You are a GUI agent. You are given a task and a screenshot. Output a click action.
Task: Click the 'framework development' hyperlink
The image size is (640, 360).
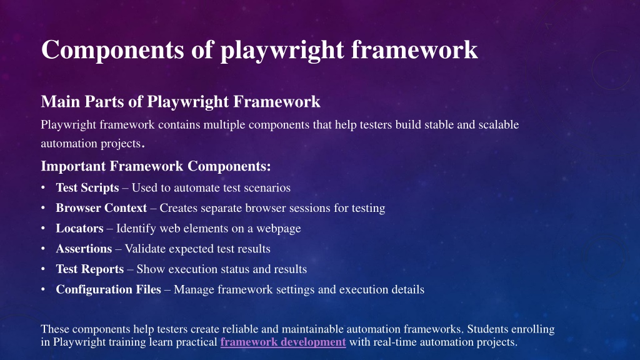(283, 342)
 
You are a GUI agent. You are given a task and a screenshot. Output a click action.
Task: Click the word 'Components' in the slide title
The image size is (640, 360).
(112, 50)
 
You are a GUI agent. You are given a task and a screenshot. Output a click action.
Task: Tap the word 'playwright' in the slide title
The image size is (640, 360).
(282, 51)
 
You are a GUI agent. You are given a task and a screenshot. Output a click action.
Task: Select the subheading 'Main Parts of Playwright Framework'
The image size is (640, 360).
(181, 102)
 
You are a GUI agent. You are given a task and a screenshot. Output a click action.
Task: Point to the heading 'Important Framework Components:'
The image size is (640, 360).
(156, 166)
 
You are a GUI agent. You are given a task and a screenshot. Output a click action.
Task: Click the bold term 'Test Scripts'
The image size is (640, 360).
(87, 187)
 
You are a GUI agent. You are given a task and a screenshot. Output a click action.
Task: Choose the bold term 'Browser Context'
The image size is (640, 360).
(101, 207)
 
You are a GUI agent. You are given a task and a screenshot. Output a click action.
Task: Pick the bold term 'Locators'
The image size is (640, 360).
(79, 228)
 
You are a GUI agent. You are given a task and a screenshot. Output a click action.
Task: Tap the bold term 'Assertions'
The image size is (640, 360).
(84, 249)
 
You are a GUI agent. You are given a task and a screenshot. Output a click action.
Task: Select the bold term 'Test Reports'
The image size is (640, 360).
(90, 269)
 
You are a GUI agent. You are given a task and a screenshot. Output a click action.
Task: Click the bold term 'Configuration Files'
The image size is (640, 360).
(108, 289)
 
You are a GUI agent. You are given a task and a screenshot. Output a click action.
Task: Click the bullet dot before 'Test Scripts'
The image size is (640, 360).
(43, 187)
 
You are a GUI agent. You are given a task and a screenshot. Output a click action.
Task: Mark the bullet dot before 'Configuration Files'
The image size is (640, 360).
(43, 289)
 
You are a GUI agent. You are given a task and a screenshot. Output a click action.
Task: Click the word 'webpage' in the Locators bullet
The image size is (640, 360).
(278, 229)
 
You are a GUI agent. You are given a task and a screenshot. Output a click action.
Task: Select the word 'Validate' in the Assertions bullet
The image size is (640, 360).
(145, 249)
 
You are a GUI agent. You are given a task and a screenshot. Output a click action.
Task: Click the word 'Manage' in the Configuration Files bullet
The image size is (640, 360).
(194, 290)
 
